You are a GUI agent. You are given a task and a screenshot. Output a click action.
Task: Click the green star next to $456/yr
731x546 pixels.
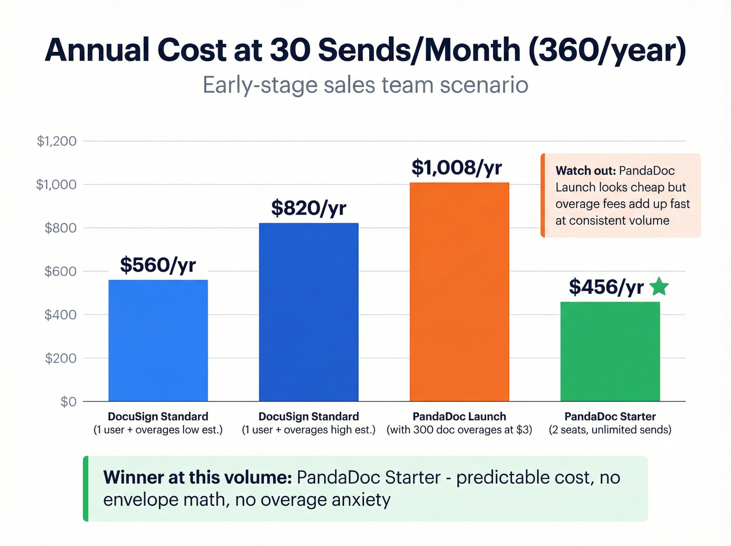tap(659, 287)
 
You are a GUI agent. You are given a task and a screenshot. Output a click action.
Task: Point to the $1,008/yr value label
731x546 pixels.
tap(457, 168)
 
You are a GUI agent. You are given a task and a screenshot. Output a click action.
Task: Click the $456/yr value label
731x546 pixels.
tap(606, 287)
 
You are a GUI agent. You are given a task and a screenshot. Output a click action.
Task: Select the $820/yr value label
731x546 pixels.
tap(309, 208)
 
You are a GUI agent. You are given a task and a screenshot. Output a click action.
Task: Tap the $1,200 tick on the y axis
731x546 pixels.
tap(56, 141)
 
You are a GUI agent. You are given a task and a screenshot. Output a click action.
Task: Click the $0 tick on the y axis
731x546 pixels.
tap(68, 401)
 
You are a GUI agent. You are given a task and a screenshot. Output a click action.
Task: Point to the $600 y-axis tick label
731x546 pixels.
tap(60, 271)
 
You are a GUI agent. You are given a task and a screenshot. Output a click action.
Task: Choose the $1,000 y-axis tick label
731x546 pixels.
tap(56, 184)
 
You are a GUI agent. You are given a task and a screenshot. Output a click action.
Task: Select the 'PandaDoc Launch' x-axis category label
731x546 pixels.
tap(459, 416)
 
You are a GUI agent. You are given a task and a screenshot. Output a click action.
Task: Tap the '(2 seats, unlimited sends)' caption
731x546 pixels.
tap(610, 430)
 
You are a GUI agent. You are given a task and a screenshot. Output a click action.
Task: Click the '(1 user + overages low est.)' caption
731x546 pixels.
tap(158, 430)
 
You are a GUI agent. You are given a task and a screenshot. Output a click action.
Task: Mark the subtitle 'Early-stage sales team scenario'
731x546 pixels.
tap(365, 85)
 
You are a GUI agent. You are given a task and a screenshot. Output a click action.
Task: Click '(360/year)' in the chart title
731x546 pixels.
tap(607, 51)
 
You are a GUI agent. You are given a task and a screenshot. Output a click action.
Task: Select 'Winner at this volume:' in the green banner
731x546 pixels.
tap(197, 478)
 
